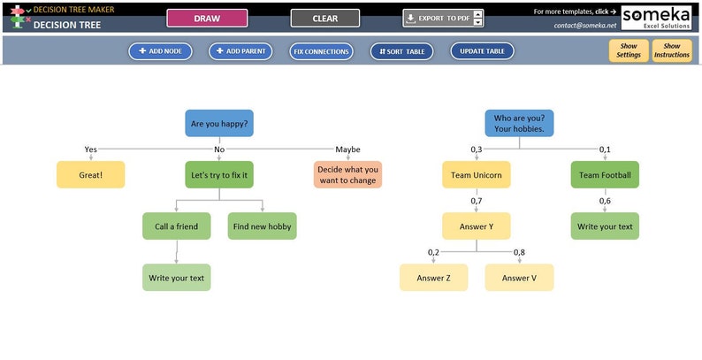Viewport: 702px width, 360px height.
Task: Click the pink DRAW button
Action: (x=207, y=18)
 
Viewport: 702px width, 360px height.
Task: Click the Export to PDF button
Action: (x=438, y=18)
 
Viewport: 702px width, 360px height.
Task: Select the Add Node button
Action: (x=160, y=51)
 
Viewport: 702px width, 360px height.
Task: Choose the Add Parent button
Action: (x=240, y=51)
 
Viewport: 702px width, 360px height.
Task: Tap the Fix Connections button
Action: (x=321, y=51)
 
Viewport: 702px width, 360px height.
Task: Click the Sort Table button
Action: (x=402, y=51)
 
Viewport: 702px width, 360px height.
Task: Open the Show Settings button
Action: (x=629, y=50)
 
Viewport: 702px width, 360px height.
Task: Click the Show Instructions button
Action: (x=672, y=50)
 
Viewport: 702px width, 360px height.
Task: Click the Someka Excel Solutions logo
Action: (x=657, y=17)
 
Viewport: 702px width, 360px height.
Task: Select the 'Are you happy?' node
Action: (x=219, y=123)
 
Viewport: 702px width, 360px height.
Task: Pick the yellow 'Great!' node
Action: (x=90, y=175)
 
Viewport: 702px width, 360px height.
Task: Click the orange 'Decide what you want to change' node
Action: (x=347, y=175)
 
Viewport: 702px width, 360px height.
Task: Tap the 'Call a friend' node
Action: (x=177, y=226)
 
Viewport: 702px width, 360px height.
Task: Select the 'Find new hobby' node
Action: (x=262, y=226)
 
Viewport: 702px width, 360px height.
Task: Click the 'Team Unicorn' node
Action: (x=477, y=175)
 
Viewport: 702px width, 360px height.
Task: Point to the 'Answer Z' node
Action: (x=433, y=278)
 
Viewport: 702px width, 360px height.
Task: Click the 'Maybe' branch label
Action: (x=347, y=149)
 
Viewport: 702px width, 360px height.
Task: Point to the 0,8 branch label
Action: (x=518, y=252)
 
